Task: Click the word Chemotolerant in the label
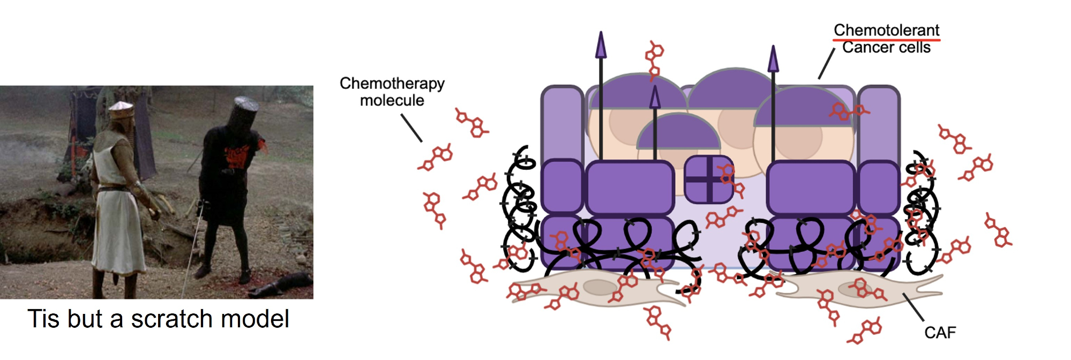pos(886,30)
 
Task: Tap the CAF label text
pos(940,333)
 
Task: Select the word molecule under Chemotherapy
pos(392,100)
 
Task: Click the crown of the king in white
pos(120,109)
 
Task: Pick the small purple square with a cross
pos(708,179)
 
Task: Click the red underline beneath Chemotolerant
pos(886,39)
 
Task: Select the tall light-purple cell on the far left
pos(562,123)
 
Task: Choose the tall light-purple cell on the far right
pos(879,123)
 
